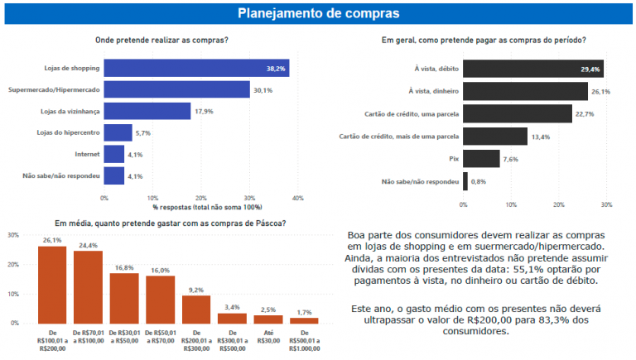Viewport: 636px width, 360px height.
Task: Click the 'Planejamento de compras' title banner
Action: [x=318, y=13]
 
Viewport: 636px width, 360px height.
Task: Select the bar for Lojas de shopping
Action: [x=195, y=68]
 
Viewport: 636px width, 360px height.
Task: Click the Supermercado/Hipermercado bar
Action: [x=176, y=89]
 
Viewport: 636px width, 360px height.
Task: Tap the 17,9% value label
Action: [x=204, y=111]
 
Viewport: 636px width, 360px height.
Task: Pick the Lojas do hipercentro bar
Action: [x=118, y=132]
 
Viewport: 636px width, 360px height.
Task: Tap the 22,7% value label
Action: [x=587, y=113]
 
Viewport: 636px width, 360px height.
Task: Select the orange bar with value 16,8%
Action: [x=124, y=297]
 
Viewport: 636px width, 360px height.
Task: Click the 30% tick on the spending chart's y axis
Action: [x=13, y=235]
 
